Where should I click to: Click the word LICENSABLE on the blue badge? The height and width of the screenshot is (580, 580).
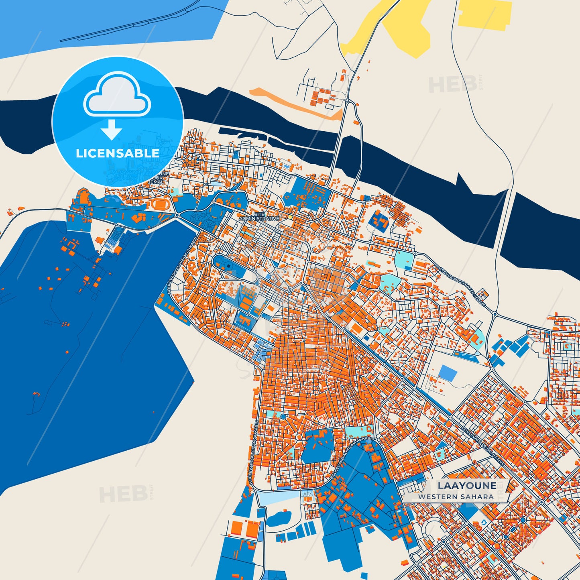pos(118,153)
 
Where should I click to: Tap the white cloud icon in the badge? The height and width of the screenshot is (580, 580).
pos(117,96)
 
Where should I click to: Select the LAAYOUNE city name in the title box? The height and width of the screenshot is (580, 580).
pos(467,486)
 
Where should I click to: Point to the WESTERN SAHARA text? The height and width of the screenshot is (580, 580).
pos(456,497)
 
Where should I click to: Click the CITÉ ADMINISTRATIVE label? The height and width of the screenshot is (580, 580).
pos(259,217)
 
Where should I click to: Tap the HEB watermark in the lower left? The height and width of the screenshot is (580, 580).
pos(123,494)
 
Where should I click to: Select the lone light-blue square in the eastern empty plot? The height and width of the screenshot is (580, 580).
pos(448,373)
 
